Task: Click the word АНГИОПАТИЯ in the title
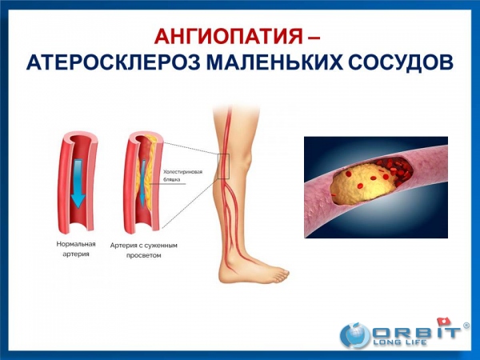pyautogui.click(x=228, y=36)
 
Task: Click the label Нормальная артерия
pyautogui.click(x=76, y=249)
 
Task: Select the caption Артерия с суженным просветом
pyautogui.click(x=144, y=250)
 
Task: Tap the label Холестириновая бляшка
pyautogui.click(x=182, y=176)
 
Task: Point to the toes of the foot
pyautogui.click(x=282, y=275)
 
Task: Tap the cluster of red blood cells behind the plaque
pyautogui.click(x=397, y=171)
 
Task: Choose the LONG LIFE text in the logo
pyautogui.click(x=399, y=342)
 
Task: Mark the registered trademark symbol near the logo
pyautogui.click(x=466, y=326)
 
